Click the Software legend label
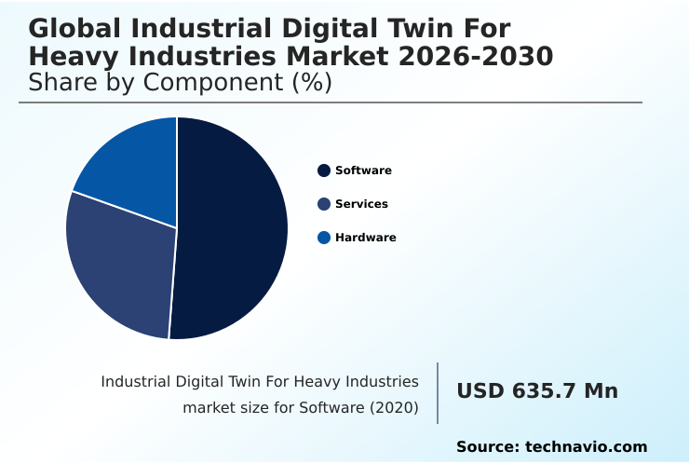[363, 171]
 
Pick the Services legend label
[361, 204]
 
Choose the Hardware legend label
[365, 238]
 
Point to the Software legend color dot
[324, 171]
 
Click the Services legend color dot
[324, 204]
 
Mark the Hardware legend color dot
[324, 238]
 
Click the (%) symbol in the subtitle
[312, 83]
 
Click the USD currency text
[480, 391]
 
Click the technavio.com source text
[586, 447]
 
